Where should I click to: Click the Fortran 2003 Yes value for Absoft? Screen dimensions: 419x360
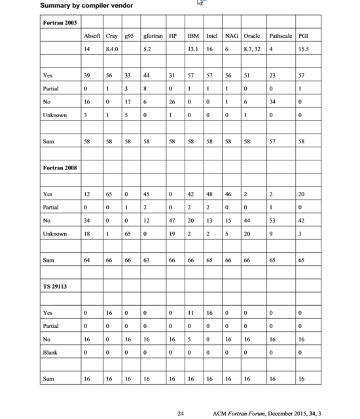(x=87, y=75)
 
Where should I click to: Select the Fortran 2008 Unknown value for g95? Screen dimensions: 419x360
(x=129, y=234)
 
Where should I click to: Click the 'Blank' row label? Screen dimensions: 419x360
(x=50, y=352)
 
